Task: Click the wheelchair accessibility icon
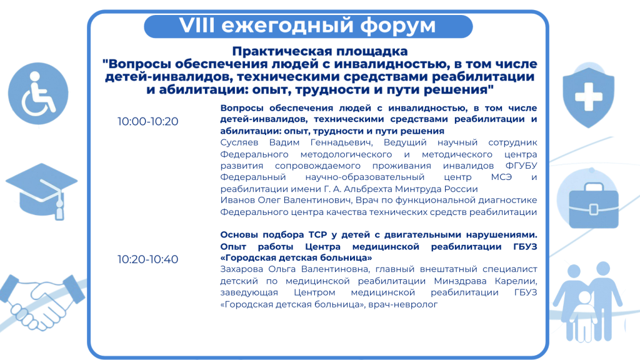coord(38,94)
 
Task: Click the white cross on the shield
coord(589,97)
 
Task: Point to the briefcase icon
coord(594,205)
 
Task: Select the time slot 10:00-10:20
coord(147,121)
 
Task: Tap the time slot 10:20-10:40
coord(147,259)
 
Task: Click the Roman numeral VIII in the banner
coord(197,25)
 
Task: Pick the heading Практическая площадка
coord(320,51)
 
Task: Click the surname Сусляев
coord(239,142)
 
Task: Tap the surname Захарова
coord(242,269)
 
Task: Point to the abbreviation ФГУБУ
coord(521,166)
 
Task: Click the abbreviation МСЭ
coord(501,177)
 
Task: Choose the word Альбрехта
coord(369,189)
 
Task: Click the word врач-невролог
coord(403,304)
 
